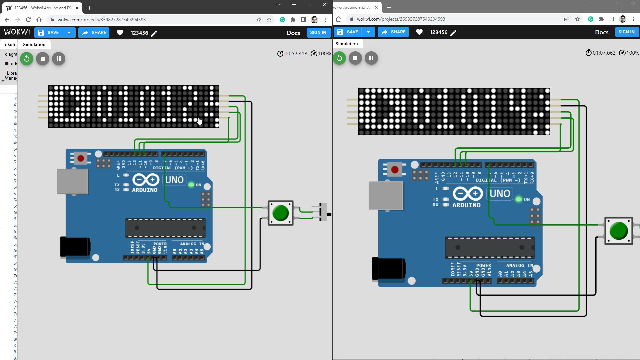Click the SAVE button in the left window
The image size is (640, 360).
pyautogui.click(x=49, y=33)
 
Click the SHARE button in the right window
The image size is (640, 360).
pyautogui.click(x=393, y=32)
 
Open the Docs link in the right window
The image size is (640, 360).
pyautogui.click(x=601, y=32)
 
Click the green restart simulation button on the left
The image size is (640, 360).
pyautogui.click(x=27, y=59)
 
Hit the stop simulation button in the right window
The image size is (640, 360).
pyautogui.click(x=355, y=58)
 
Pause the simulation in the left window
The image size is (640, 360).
pyautogui.click(x=59, y=59)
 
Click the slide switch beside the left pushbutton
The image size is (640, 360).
pyautogui.click(x=323, y=212)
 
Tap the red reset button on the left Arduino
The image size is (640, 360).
pyautogui.click(x=81, y=158)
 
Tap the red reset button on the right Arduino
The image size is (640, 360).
pyautogui.click(x=395, y=169)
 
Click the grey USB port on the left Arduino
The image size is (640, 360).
pyautogui.click(x=73, y=181)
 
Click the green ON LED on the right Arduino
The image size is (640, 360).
pyautogui.click(x=518, y=199)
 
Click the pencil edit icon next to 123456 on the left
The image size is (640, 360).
pyautogui.click(x=154, y=33)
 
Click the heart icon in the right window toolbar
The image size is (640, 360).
pyautogui.click(x=419, y=32)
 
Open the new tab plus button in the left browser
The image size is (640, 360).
pyautogui.click(x=89, y=8)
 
